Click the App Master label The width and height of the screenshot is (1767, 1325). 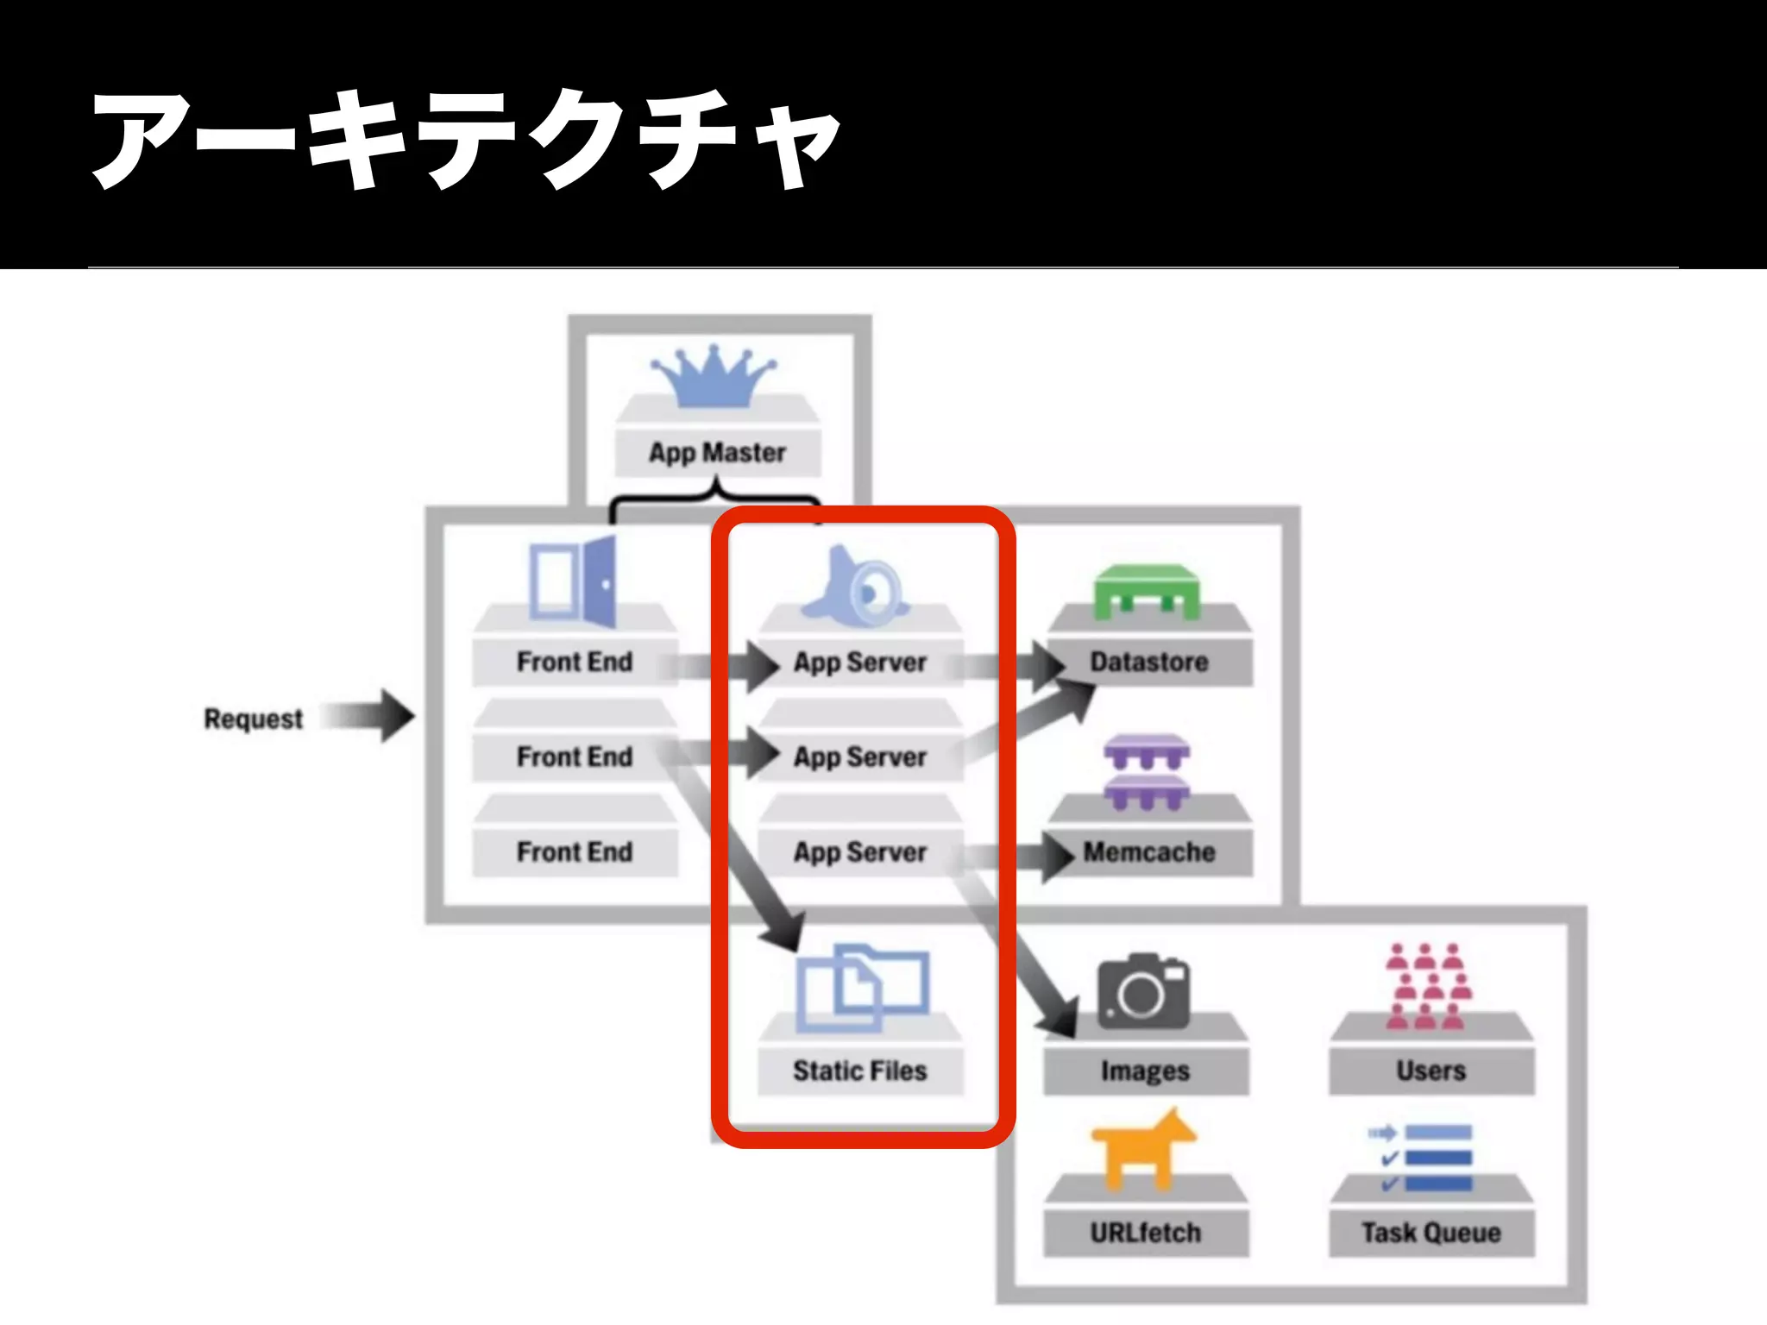pos(717,453)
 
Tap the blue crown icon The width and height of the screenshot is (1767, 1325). pos(714,377)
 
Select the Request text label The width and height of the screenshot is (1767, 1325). pos(253,719)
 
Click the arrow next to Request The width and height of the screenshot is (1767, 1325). pos(369,716)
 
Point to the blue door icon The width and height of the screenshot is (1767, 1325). pos(573,579)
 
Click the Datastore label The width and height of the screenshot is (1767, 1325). pos(1148,662)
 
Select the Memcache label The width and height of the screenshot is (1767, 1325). pos(1148,852)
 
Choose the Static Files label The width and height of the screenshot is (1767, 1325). pos(859,1071)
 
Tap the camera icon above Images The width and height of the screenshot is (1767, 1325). pos(1143,991)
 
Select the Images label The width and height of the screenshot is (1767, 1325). pos(1145,1071)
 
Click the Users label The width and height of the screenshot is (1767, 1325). pos(1431,1071)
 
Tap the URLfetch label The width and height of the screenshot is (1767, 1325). pos(1145,1233)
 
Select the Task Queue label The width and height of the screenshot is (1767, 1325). pos(1431,1233)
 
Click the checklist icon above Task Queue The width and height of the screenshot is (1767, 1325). pos(1422,1158)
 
